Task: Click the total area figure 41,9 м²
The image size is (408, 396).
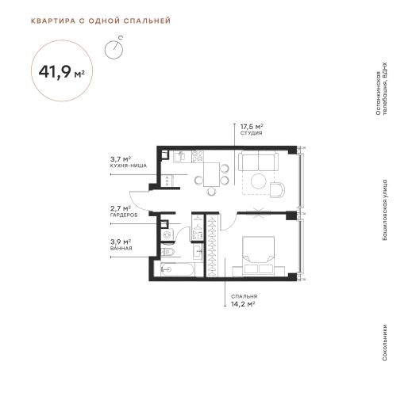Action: click(x=62, y=71)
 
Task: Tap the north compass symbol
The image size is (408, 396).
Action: click(x=114, y=48)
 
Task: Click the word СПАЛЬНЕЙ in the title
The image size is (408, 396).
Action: click(x=147, y=21)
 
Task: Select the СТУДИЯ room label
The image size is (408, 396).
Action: click(x=251, y=133)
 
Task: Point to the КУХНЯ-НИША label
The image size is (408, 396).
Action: click(x=129, y=166)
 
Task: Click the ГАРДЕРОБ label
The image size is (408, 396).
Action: click(x=124, y=215)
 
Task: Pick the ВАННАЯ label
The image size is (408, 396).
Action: click(x=121, y=248)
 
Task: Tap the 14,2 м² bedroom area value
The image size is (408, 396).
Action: click(x=243, y=304)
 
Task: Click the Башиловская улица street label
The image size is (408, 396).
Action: click(x=385, y=210)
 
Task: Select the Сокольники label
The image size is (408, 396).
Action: click(x=385, y=342)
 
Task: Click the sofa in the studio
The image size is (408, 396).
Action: click(x=258, y=161)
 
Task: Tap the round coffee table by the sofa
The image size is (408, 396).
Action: click(x=259, y=181)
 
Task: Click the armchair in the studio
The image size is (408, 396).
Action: click(x=277, y=189)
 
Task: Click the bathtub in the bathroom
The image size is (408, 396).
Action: click(x=178, y=269)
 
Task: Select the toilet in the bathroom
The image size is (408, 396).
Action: click(x=167, y=252)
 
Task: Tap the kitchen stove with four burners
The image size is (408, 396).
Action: click(x=198, y=156)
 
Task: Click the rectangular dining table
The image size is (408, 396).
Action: click(x=212, y=174)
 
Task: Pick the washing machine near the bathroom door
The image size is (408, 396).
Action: click(x=167, y=234)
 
